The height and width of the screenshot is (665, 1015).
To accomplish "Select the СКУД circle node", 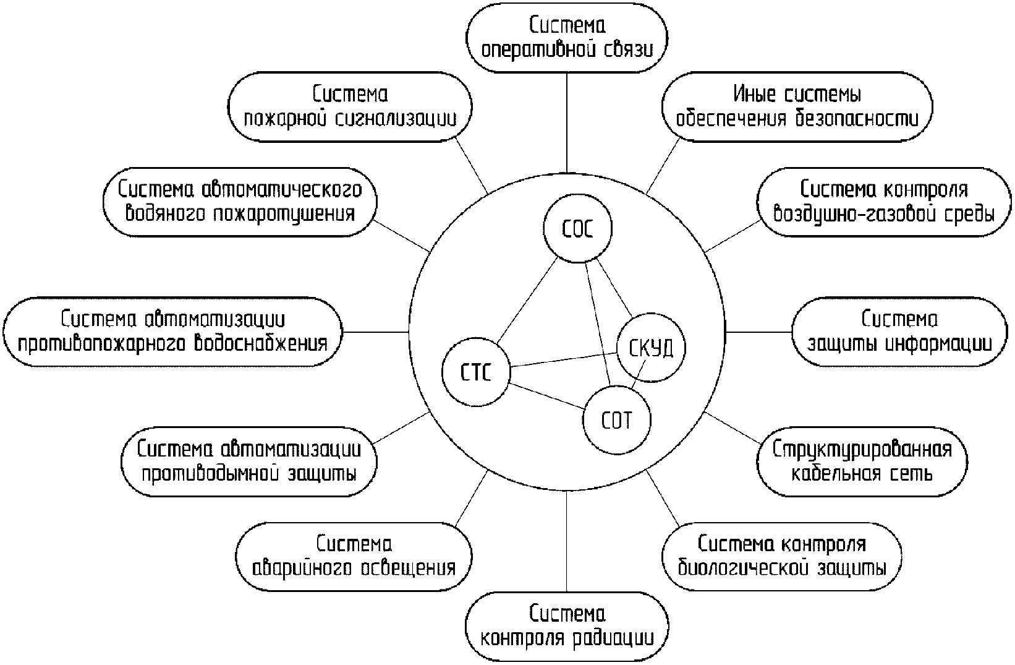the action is click(x=651, y=348).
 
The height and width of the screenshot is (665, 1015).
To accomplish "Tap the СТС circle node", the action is click(x=476, y=373).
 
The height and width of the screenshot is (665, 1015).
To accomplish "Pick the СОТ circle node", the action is click(x=617, y=421).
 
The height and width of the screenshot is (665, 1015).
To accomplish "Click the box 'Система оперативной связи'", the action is click(x=567, y=37).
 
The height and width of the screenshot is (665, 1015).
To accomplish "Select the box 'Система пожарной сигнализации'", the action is click(x=350, y=107).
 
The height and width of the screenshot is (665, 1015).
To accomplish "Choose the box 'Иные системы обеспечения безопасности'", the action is click(x=797, y=107).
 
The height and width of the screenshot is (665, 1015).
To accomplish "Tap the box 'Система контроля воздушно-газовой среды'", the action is click(x=884, y=202).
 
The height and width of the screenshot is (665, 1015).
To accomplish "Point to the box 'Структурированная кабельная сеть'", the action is click(x=862, y=461).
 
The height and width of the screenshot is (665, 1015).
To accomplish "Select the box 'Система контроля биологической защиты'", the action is click(x=781, y=556).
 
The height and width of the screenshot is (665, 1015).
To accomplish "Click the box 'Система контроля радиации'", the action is click(x=567, y=625).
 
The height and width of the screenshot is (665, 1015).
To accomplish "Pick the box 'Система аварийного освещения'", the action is click(x=354, y=556).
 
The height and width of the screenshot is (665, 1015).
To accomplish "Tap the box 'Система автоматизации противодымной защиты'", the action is click(x=249, y=461).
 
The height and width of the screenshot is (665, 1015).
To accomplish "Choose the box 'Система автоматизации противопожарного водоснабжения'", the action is click(x=172, y=330).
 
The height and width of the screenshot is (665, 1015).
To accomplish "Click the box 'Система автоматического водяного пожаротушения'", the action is click(x=240, y=202).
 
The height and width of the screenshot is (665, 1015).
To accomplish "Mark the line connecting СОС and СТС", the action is click(x=527, y=303).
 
